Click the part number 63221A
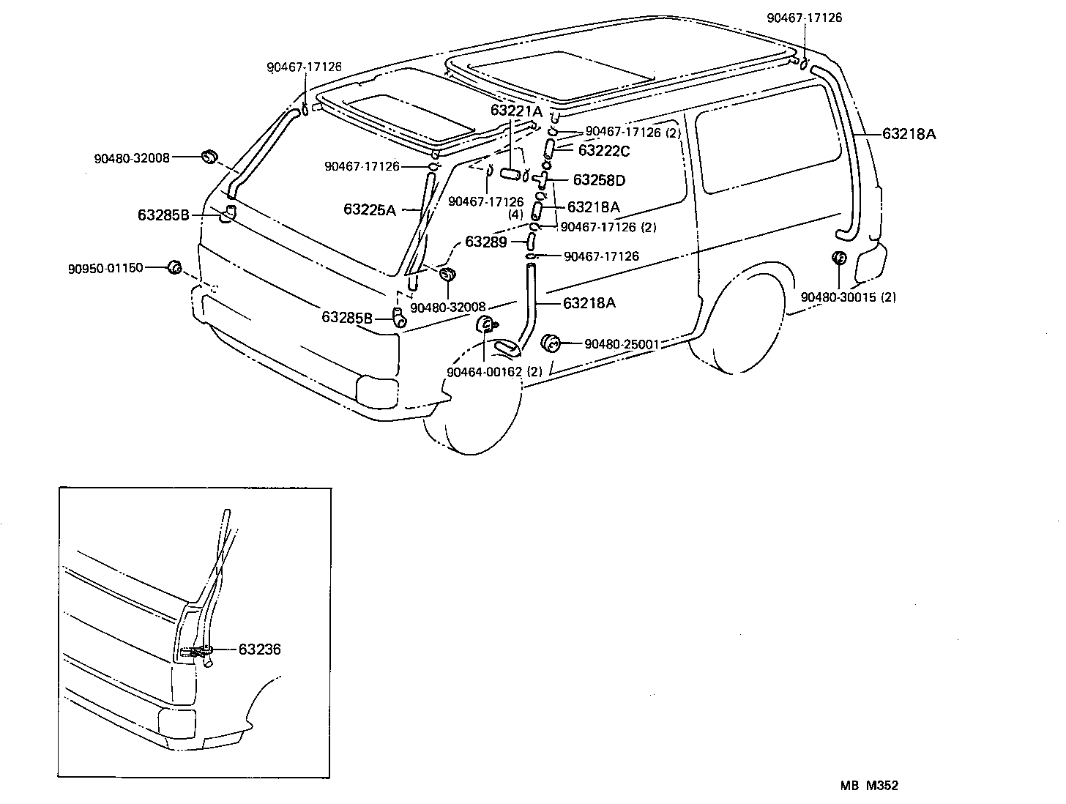tap(516, 111)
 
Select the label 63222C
tap(603, 151)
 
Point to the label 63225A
tap(369, 210)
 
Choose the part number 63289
tap(486, 241)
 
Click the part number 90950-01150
tap(105, 268)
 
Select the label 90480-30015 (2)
tap(848, 297)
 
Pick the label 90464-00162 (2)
tap(494, 372)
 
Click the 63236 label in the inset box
tap(259, 649)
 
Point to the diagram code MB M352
tap(869, 786)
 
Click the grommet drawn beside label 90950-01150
tap(174, 267)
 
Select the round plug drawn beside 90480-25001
tap(551, 342)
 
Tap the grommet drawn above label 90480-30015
tap(839, 258)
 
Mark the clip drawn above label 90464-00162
tap(486, 325)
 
